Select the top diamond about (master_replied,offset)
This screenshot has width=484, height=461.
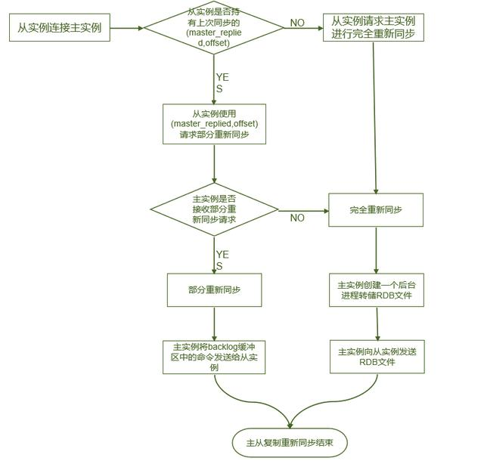[x=214, y=29]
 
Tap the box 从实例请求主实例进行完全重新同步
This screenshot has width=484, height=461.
[x=373, y=27]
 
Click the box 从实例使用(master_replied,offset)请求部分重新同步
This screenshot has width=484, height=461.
[x=214, y=124]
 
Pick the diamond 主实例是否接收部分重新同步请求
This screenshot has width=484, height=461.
[x=214, y=209]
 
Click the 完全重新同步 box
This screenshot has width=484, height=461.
[x=376, y=209]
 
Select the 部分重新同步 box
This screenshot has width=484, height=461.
[x=214, y=290]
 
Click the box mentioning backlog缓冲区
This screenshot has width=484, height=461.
[x=214, y=357]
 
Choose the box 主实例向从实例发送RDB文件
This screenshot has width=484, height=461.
[x=376, y=357]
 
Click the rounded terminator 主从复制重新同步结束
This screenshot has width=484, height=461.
[x=290, y=442]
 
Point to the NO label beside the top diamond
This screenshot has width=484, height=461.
[x=298, y=23]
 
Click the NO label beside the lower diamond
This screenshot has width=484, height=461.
[x=297, y=218]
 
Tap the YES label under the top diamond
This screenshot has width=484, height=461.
[x=221, y=83]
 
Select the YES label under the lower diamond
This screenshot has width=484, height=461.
[x=221, y=260]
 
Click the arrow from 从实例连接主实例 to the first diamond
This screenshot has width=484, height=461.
[x=126, y=29]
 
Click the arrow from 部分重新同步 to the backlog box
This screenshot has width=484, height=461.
[x=214, y=323]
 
